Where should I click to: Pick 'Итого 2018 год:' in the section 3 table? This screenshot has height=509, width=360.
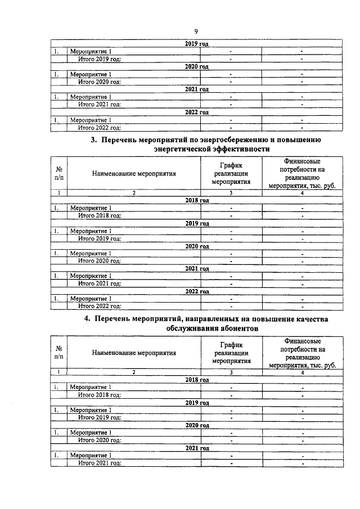tap(100, 215)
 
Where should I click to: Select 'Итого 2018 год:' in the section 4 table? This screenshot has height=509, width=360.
tap(100, 395)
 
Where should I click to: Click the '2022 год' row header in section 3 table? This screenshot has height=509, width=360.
tap(197, 291)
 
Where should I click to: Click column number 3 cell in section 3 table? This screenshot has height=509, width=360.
tap(231, 192)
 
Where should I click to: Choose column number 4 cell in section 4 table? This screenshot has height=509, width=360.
tap(303, 372)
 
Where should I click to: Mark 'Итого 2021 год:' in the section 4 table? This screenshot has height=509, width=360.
tap(100, 463)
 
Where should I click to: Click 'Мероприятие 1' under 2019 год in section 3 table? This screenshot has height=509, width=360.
tap(90, 231)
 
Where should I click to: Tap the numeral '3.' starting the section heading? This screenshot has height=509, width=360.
tap(94, 140)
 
